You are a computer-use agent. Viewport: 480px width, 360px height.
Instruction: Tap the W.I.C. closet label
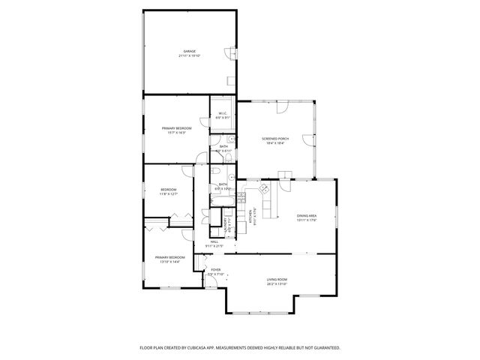point(222,114)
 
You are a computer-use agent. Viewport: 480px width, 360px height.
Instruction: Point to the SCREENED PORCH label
point(275,139)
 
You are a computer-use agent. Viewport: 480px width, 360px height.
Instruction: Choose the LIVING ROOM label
point(277,280)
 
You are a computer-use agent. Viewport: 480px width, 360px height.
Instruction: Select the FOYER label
point(216,269)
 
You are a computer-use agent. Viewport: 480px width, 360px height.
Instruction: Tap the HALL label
point(214,241)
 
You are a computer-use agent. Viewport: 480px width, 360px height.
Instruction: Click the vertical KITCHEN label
point(250,217)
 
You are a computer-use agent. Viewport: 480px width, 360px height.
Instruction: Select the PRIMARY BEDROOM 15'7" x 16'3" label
point(176,128)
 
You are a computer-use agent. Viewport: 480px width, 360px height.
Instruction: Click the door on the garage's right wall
point(231,54)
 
